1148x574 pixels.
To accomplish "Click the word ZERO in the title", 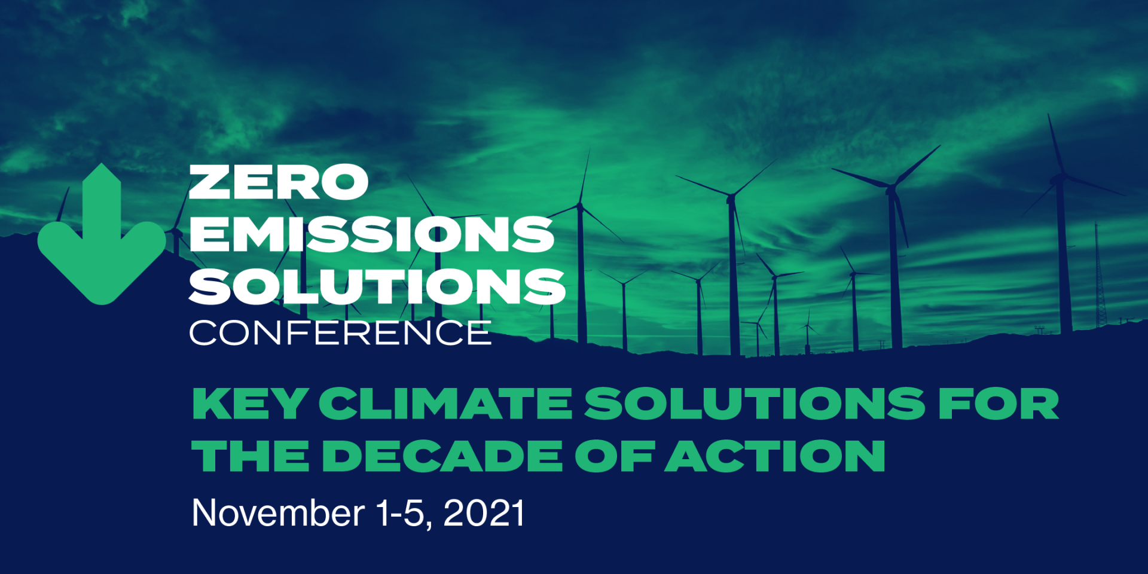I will (278, 182).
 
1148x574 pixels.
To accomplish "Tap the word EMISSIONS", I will (371, 234).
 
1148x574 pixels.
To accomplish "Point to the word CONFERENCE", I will (340, 333).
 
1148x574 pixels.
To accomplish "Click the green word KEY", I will (250, 404).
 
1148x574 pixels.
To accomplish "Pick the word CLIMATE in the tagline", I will (445, 404).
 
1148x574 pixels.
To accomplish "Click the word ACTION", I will (775, 456).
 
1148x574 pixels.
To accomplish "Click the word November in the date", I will (278, 513).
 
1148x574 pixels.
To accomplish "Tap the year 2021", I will (484, 513).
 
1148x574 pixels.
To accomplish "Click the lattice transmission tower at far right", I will (1099, 281).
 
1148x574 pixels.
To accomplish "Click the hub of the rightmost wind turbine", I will (1060, 177).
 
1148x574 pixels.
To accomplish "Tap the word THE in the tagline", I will (251, 456).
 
